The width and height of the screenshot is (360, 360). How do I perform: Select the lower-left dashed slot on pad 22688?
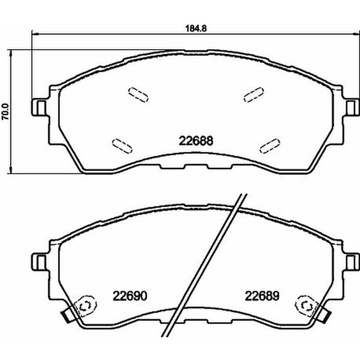click(122, 145)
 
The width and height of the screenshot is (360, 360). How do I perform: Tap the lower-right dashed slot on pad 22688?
click(270, 144)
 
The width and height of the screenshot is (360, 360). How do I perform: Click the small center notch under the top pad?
click(193, 167)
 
